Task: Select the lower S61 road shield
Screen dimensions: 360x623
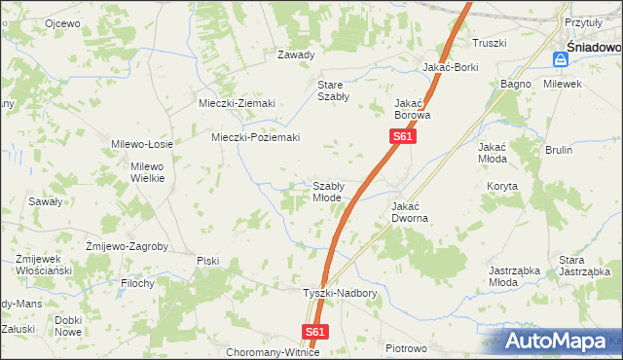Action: [313, 332]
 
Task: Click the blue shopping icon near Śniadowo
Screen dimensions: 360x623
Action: [560, 59]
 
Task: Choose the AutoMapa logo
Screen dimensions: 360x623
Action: [562, 342]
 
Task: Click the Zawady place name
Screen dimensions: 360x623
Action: [296, 54]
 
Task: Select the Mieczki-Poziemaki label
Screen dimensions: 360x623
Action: [256, 137]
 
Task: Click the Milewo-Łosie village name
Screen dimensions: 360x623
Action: [142, 144]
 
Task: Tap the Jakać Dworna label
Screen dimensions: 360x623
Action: [410, 212]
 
